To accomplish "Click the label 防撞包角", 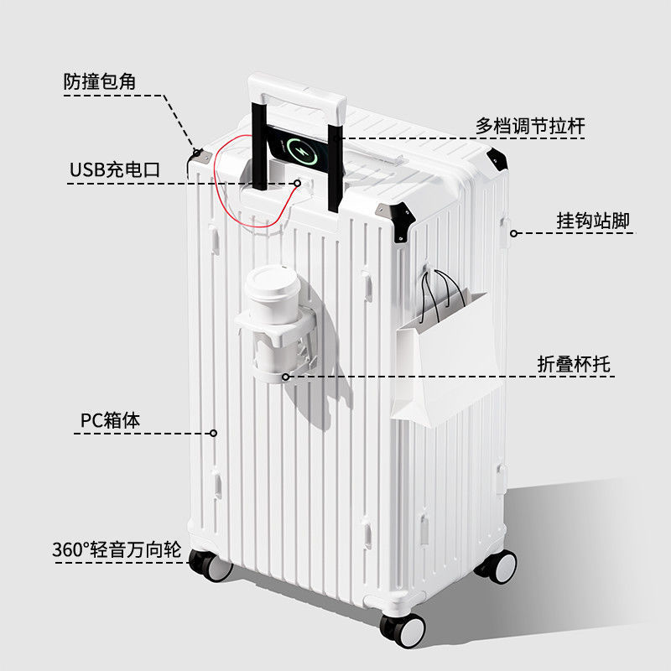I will pyautogui.click(x=100, y=81).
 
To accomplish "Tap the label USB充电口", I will pyautogui.click(x=114, y=169).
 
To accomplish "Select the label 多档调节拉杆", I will pyautogui.click(x=530, y=126).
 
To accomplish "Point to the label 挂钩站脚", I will pyautogui.click(x=593, y=221).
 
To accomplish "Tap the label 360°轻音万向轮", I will pyautogui.click(x=117, y=550).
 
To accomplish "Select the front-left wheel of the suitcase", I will pyautogui.click(x=211, y=565).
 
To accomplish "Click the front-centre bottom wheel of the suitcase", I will pyautogui.click(x=403, y=628).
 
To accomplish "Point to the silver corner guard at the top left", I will pyautogui.click(x=200, y=156).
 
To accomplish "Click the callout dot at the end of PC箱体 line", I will pyautogui.click(x=213, y=434).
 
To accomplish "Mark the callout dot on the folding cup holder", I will pyautogui.click(x=285, y=377).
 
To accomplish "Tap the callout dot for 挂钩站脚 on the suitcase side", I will pyautogui.click(x=513, y=233).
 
